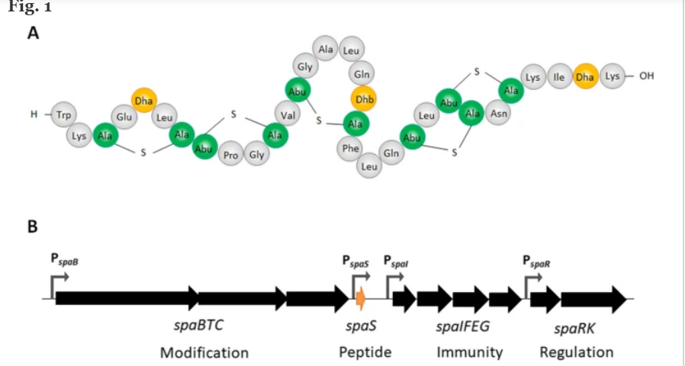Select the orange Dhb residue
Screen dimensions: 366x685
[363, 99]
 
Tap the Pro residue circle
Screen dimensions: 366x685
[231, 156]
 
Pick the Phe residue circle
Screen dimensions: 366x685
[350, 148]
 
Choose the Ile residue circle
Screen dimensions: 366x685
[559, 76]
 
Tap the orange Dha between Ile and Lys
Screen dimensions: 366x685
[585, 76]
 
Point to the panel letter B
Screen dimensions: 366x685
[33, 226]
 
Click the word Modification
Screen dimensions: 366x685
[204, 352]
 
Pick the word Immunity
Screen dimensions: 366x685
[470, 352]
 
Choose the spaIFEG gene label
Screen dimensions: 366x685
[462, 326]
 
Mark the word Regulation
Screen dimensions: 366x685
[576, 352]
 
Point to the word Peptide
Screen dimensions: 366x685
[365, 352]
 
